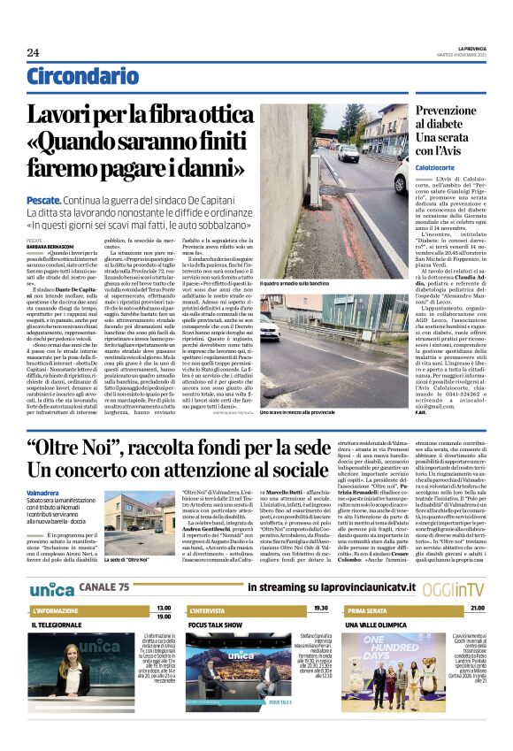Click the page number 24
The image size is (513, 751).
33,52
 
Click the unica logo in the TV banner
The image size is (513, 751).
52,588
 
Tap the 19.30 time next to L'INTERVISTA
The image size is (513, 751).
319,609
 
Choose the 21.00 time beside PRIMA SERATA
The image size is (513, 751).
477,609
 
